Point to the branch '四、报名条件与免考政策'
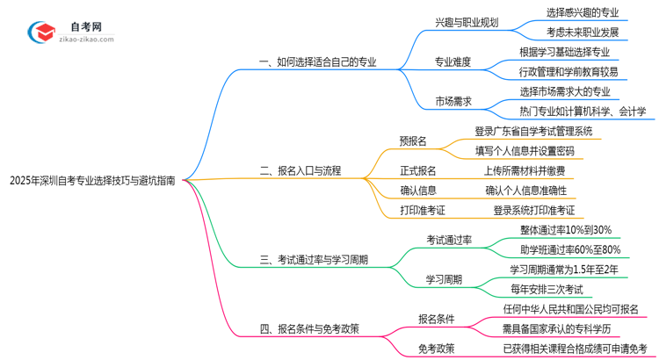click(x=309, y=329)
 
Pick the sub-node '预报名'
click(x=412, y=140)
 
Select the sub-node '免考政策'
click(x=437, y=349)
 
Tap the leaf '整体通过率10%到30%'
click(x=565, y=230)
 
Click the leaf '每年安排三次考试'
click(x=552, y=289)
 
